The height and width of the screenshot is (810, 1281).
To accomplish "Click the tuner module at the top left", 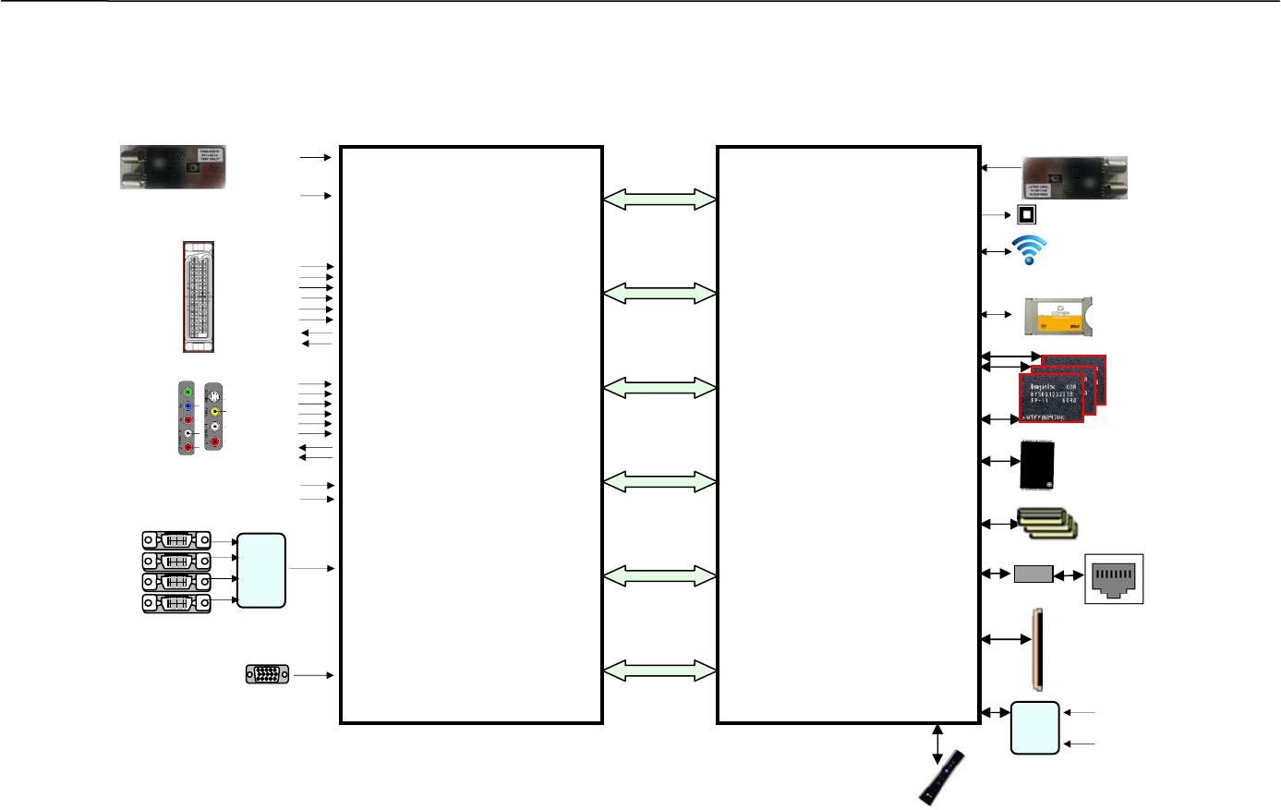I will coord(173,167).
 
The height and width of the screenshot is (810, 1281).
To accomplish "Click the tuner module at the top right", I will coord(1074,177).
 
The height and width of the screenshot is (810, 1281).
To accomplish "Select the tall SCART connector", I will coord(199,296).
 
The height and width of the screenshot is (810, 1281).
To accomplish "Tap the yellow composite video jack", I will coord(214,411).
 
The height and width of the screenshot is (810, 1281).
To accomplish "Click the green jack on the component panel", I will coord(188,393).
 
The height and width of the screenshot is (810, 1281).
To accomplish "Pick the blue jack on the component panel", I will coord(188,406).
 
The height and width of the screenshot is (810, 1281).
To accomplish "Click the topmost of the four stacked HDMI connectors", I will coord(176,540).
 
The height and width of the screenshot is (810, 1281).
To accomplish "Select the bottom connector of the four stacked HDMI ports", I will coord(176,603).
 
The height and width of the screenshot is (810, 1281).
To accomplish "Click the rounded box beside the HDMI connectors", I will coord(261,570).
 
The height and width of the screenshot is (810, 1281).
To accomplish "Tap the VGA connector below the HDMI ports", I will coord(268,674).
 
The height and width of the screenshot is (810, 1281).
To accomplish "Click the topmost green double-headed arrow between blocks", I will coord(659,199).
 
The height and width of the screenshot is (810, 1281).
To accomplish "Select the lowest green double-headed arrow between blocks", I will coord(659,671).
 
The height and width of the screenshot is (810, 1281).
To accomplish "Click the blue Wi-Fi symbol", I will coord(1030,249).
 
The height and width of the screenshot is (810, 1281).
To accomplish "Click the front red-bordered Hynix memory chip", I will coord(1051,399).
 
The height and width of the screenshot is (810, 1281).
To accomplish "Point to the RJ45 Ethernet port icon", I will coord(1114,578).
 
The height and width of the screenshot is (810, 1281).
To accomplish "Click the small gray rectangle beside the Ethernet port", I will coord(1033,574).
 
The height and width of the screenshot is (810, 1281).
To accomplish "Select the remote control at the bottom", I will coord(942,777).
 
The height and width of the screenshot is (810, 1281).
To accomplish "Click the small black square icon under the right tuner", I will coord(1026,215).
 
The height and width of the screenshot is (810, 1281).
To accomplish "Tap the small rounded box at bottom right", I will coord(1034,728).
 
